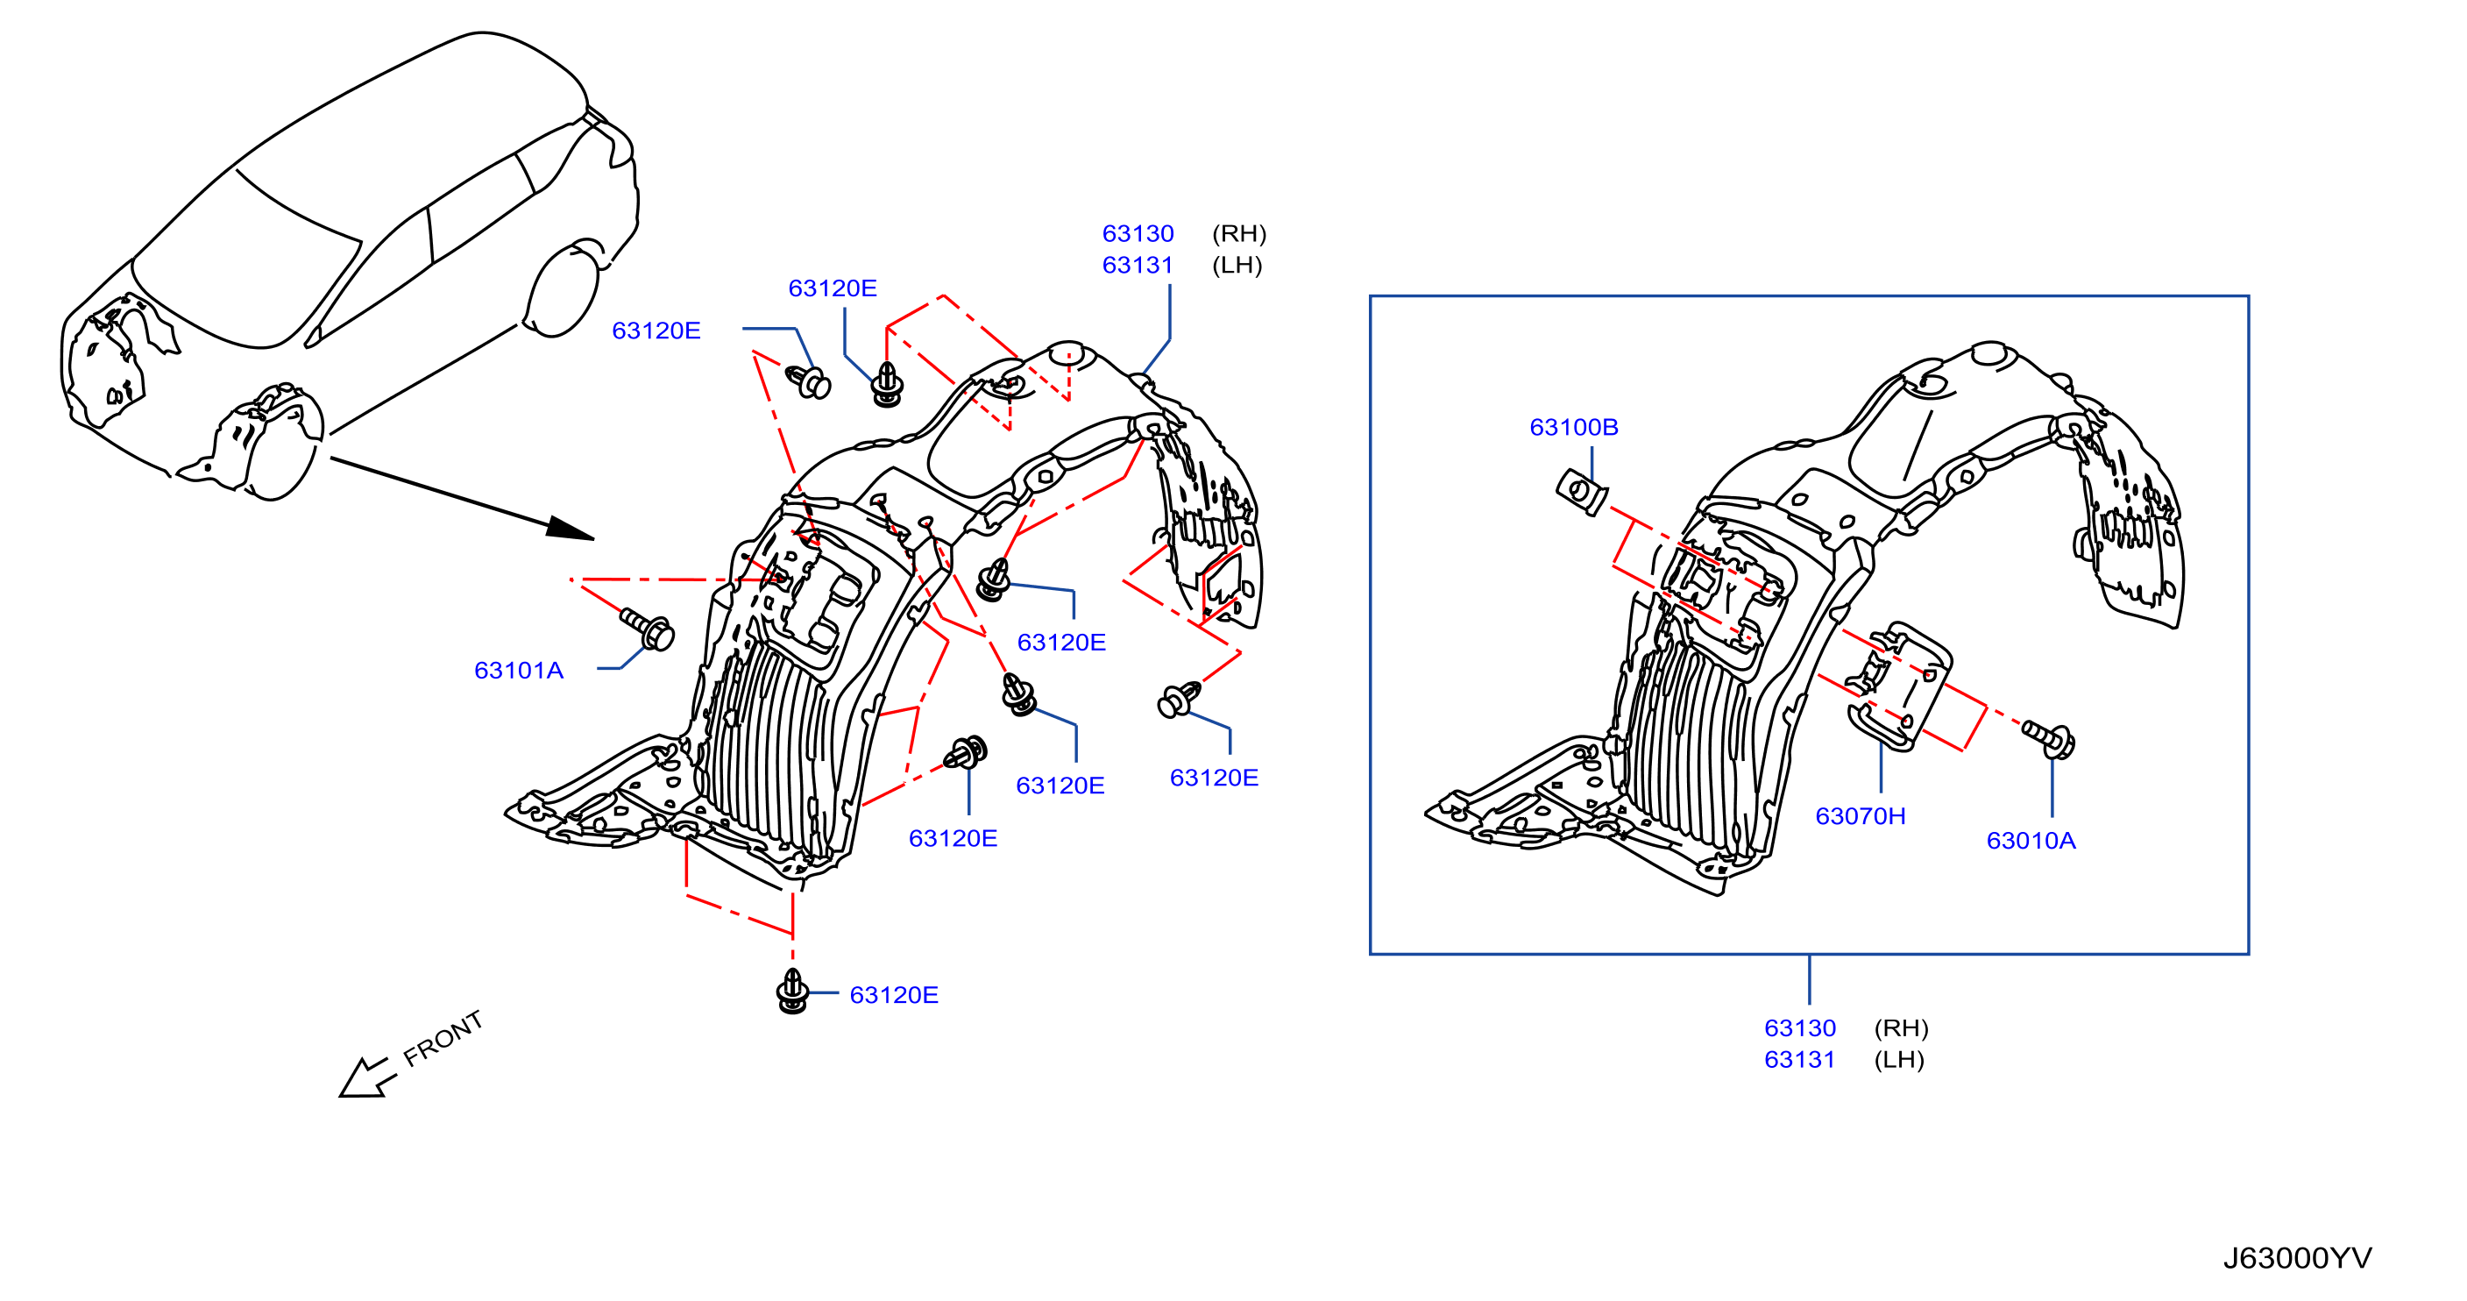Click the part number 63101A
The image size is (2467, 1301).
(518, 671)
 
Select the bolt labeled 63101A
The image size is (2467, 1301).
(648, 629)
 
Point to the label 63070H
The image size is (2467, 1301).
(1860, 816)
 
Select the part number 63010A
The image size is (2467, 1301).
(2031, 840)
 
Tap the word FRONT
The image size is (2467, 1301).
(443, 1040)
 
